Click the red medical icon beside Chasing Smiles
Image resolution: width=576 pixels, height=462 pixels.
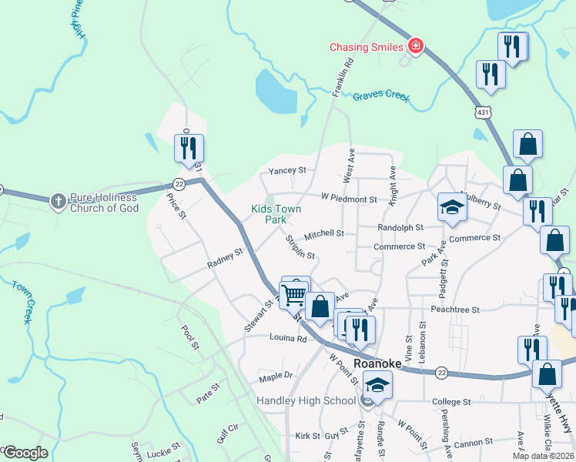[x=416, y=47]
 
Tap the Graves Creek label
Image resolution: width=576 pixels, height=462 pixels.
[x=381, y=97]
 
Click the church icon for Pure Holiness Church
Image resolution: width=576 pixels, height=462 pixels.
[x=58, y=202]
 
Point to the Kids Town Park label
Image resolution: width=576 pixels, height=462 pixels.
[x=276, y=214]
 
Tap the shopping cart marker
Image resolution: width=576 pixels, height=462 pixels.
[x=293, y=294]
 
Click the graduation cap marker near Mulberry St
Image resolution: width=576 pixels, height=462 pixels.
[x=452, y=206]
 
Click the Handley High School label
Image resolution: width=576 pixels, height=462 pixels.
[x=306, y=400]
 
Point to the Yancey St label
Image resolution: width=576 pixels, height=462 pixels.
[x=286, y=171]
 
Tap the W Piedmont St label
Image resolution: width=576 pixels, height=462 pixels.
[x=349, y=199]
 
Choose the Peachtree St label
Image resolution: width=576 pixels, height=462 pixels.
[x=456, y=310]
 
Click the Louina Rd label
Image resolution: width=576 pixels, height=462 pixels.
[x=288, y=337]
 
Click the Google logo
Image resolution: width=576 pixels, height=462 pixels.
[x=25, y=453]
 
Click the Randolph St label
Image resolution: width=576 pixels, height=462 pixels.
[x=400, y=228]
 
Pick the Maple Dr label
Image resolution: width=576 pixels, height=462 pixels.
[x=276, y=376]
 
